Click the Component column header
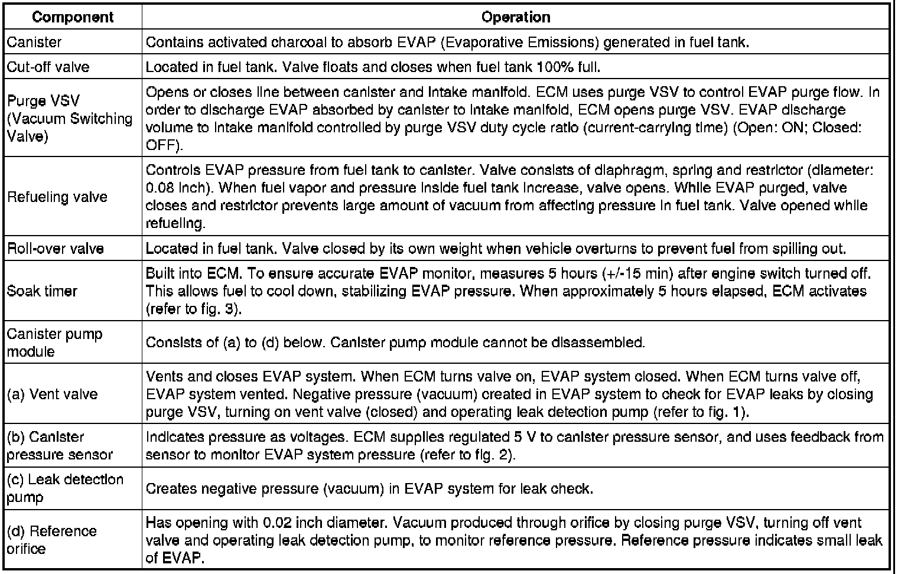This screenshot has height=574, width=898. pos(73,17)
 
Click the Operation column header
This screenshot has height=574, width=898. pos(516,17)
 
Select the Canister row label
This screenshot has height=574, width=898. pos(34,43)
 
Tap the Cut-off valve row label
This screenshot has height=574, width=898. pos(48,67)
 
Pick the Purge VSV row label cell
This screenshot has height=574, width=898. pos(70,118)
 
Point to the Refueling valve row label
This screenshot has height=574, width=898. pos(57,197)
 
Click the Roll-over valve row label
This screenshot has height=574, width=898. pos(56,249)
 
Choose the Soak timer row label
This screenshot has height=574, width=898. pos(43,291)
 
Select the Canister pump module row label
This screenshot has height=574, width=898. pos(54,343)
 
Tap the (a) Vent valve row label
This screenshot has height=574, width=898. pos(52,394)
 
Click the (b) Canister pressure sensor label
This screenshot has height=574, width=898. pos(59,445)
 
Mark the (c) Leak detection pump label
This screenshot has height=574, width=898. pos(65,488)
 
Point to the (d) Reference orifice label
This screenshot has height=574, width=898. pos(51,539)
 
